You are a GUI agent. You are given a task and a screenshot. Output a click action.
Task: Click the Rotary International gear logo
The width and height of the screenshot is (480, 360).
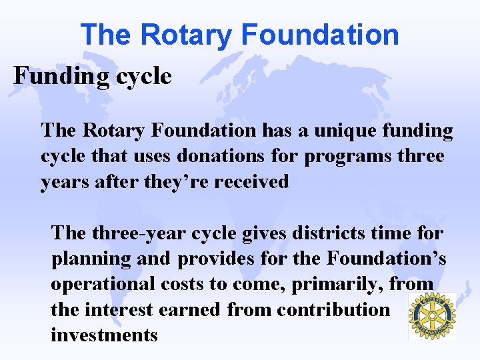click(431, 315)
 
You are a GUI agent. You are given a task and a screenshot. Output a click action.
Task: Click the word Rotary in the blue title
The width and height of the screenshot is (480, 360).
click(182, 35)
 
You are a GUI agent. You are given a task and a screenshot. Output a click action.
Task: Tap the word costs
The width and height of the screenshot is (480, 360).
click(182, 284)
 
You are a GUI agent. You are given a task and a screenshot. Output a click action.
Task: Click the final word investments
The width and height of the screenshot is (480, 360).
click(104, 335)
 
